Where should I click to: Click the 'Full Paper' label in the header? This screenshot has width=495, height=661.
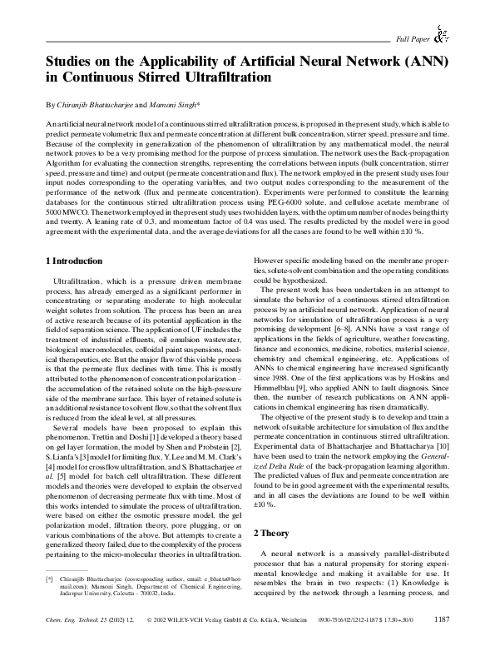[x=413, y=39]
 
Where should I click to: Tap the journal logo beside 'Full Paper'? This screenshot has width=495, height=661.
[x=442, y=34]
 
